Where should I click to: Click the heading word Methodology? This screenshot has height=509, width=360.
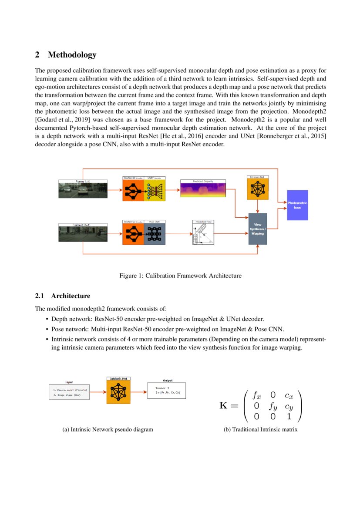[72, 55]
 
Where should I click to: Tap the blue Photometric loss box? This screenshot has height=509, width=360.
[297, 205]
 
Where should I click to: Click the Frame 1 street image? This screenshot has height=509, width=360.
[83, 190]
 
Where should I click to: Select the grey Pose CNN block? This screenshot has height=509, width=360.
[155, 233]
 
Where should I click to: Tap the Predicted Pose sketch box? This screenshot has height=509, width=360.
[203, 233]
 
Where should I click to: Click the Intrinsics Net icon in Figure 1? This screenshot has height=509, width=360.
[258, 189]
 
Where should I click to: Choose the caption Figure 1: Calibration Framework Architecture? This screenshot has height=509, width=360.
[180, 276]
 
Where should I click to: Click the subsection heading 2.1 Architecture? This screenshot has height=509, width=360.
[63, 296]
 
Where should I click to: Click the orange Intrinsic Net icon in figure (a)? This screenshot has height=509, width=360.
[118, 393]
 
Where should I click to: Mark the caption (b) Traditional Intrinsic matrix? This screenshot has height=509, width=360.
[260, 430]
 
